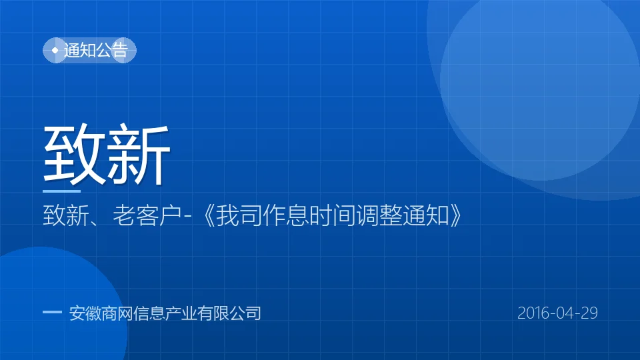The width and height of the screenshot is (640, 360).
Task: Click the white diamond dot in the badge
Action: pyautogui.click(x=55, y=50)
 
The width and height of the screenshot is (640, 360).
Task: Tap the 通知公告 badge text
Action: pyautogui.click(x=96, y=50)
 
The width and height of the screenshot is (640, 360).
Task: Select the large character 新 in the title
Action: pyautogui.click(x=137, y=154)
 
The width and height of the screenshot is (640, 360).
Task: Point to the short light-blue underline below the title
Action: pyautogui.click(x=61, y=191)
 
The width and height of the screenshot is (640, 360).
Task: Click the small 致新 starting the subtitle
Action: pyautogui.click(x=66, y=215)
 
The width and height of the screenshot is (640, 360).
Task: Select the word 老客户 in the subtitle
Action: pyautogui.click(x=147, y=215)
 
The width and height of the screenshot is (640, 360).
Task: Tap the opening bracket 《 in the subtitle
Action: pyautogui.click(x=209, y=215)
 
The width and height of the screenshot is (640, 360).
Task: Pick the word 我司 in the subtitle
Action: pyautogui.click(x=239, y=215)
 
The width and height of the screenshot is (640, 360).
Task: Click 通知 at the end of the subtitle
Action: pyautogui.click(x=426, y=215)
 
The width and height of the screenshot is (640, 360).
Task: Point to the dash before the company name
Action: pyautogui.click(x=52, y=312)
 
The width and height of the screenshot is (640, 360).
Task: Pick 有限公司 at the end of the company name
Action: pyautogui.click(x=229, y=313)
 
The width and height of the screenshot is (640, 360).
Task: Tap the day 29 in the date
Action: pyautogui.click(x=589, y=313)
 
